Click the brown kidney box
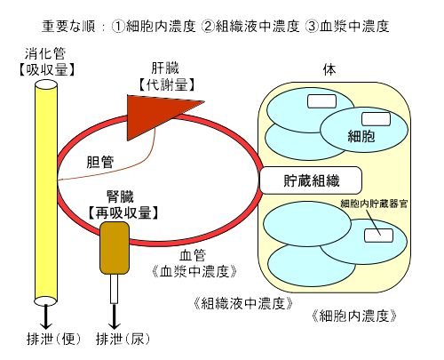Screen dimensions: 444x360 point(115,248)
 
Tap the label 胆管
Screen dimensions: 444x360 point(100,162)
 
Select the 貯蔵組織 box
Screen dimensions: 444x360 point(311,180)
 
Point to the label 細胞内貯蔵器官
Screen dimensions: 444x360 point(374,204)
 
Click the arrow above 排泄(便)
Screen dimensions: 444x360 point(46,316)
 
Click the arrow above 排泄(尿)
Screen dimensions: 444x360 point(114,316)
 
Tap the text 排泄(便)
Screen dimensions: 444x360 point(53,339)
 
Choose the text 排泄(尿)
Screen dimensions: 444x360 point(123,339)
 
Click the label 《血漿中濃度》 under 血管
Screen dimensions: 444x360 point(194,271)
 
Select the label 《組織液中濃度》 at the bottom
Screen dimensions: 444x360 point(243,303)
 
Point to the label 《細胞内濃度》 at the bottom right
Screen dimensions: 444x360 point(354,316)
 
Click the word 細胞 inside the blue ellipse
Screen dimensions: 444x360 point(361,136)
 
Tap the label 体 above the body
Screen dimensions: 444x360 point(329,70)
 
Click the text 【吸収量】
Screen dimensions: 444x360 point(46,70)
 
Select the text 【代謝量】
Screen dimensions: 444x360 point(167,85)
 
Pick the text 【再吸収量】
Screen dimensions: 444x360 point(123,212)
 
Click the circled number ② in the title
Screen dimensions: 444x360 point(208,27)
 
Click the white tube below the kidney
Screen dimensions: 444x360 point(114,289)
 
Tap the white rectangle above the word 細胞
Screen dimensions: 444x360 point(376,119)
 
